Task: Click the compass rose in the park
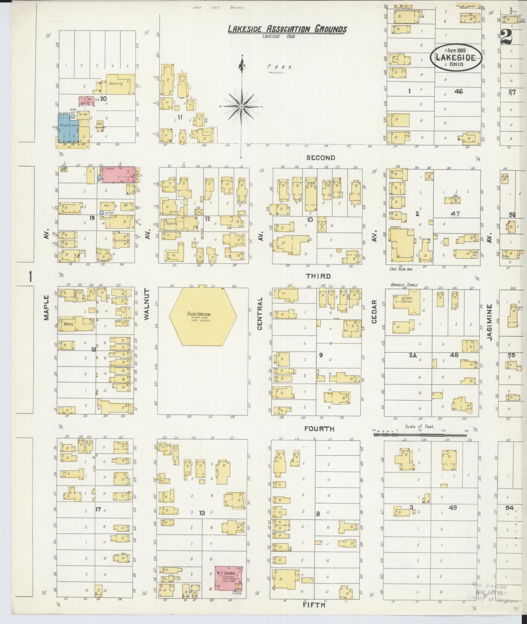(241, 106)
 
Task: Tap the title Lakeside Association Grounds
(287, 29)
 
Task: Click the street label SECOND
(320, 158)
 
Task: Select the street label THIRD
(319, 276)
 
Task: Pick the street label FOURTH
(319, 429)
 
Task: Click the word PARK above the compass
(280, 67)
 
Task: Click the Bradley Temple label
(404, 285)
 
